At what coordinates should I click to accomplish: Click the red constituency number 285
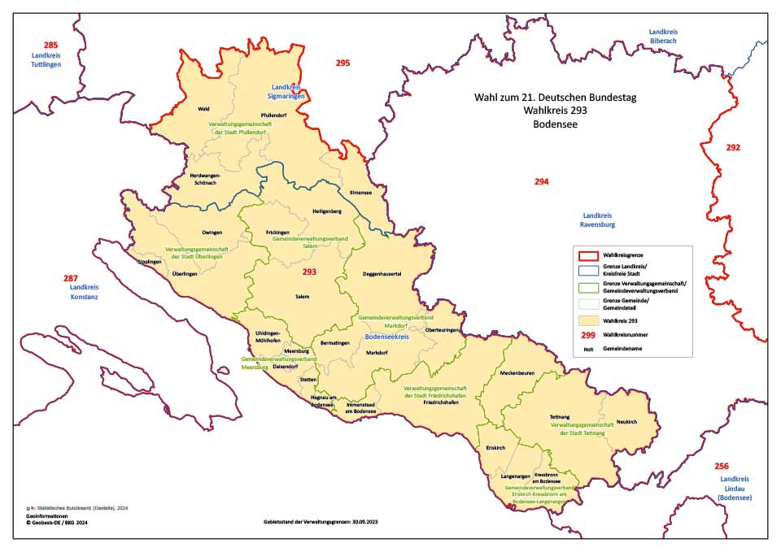50,45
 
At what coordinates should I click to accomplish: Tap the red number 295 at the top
343,63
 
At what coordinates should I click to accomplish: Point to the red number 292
733,147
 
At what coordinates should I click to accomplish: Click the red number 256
721,466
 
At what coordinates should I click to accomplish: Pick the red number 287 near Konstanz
71,278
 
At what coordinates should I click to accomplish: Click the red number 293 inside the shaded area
310,272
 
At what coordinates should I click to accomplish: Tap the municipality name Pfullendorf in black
273,115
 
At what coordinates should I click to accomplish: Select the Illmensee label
349,194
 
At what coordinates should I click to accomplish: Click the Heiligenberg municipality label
326,211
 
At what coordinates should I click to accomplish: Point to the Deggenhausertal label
382,274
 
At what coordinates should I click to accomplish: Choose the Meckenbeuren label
517,373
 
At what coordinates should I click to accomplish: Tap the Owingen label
212,233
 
